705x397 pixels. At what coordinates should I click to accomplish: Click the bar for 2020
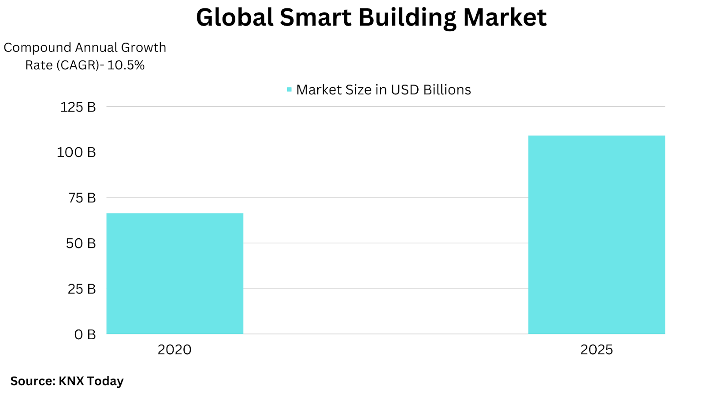tap(174, 273)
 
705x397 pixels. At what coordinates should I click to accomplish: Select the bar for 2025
tap(597, 235)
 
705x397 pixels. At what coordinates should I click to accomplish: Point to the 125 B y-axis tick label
tap(78, 107)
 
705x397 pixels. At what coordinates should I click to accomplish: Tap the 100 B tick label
tap(76, 153)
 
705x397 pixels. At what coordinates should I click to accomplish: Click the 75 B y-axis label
tap(82, 198)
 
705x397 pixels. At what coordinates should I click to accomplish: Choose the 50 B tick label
tap(81, 243)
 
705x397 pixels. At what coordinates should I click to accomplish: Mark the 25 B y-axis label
tap(82, 289)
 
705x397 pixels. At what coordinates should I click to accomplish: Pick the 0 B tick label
tap(85, 335)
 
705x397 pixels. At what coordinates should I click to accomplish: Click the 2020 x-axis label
tap(174, 350)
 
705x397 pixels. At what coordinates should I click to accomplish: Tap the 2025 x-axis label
tap(597, 350)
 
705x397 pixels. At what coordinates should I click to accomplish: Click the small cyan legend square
tap(289, 90)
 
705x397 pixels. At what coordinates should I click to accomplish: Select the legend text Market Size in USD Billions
tap(383, 90)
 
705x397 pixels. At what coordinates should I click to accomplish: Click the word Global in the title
tap(234, 18)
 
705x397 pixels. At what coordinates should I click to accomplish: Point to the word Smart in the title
tap(315, 18)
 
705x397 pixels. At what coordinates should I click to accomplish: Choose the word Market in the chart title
tap(505, 18)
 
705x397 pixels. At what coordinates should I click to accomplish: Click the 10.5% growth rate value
tap(126, 65)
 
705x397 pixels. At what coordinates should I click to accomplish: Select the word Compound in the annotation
tap(37, 48)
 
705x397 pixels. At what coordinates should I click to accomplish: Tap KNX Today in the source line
tap(91, 381)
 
